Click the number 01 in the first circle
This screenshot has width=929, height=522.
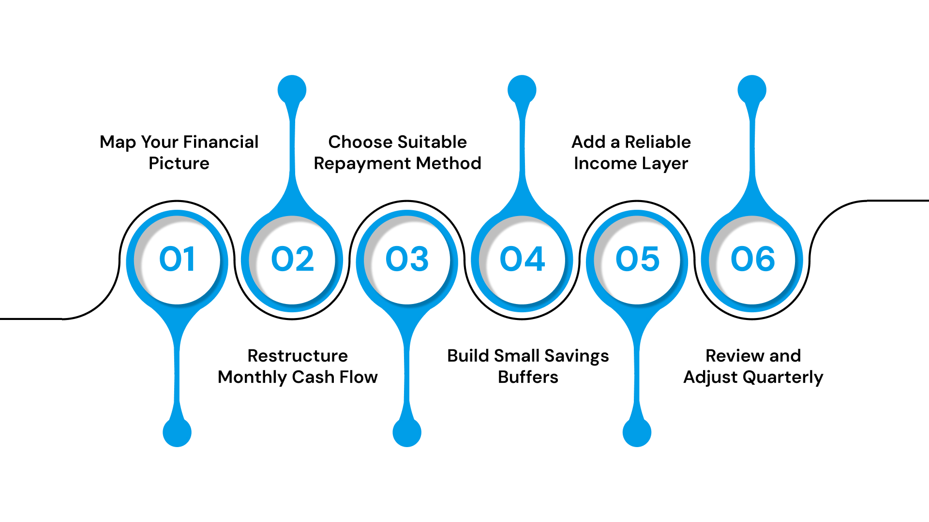click(177, 259)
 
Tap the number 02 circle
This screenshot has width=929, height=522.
click(292, 259)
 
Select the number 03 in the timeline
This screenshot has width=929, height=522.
click(407, 259)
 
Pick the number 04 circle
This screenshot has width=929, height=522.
click(522, 259)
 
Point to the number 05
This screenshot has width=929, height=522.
click(637, 259)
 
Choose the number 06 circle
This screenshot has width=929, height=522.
click(752, 259)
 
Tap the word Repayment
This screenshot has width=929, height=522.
click(362, 163)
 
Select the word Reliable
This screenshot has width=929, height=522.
click(658, 142)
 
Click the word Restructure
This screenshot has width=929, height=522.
click(298, 356)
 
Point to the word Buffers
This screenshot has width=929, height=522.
click(528, 377)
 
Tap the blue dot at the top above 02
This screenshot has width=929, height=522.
click(292, 90)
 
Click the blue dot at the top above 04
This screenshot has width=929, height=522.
click(522, 90)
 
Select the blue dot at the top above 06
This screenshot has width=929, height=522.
click(752, 90)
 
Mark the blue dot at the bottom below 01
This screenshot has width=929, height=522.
click(177, 432)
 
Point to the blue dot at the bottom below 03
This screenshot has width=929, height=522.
click(407, 432)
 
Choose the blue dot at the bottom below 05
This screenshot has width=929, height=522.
click(637, 432)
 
